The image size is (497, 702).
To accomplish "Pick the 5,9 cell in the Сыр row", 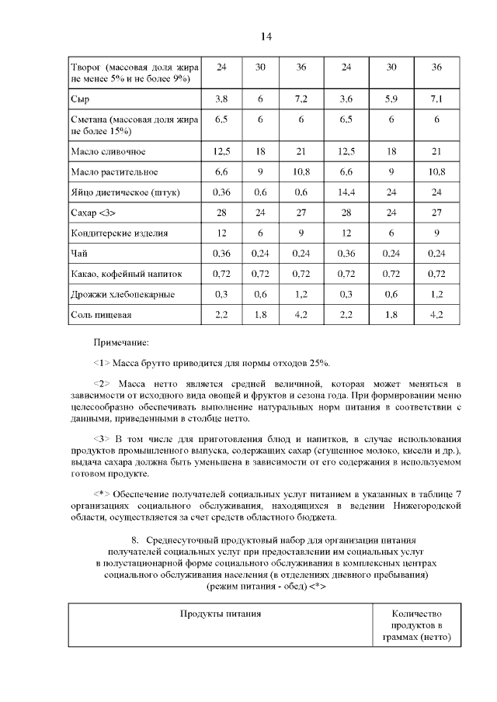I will tap(391, 99).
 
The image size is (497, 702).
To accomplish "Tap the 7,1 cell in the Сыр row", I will tap(436, 99).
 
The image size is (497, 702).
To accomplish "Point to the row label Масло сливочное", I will tap(108, 150).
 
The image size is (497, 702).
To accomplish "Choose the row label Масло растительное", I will tap(114, 171).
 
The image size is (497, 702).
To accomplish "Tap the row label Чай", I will tap(78, 253).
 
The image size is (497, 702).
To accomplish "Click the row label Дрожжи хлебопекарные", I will tap(122, 294).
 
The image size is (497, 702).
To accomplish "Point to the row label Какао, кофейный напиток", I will tap(122, 274).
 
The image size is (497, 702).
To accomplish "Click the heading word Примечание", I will tap(120, 341).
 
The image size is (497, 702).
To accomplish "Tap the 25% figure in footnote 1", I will tap(319, 362).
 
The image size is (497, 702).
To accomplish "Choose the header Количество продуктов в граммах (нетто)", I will tap(417, 625).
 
